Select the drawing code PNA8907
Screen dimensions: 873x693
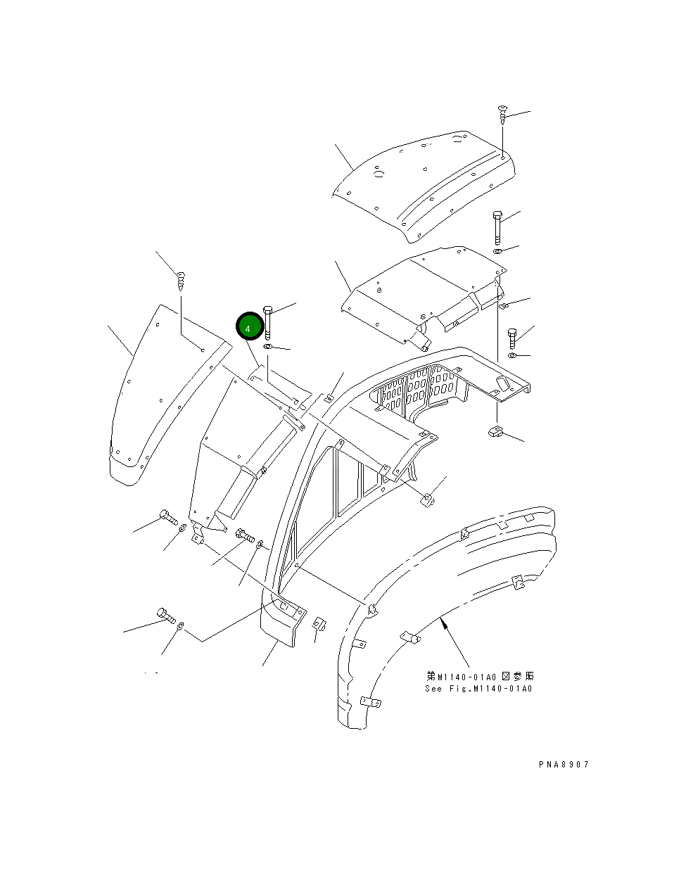559,765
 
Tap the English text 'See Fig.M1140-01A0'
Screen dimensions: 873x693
478,689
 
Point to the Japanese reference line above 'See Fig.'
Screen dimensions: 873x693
478,677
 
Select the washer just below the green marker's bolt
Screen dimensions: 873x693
268,348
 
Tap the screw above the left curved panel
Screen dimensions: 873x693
180,281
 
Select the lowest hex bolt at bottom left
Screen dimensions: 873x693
166,616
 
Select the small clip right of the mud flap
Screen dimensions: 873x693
318,624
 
